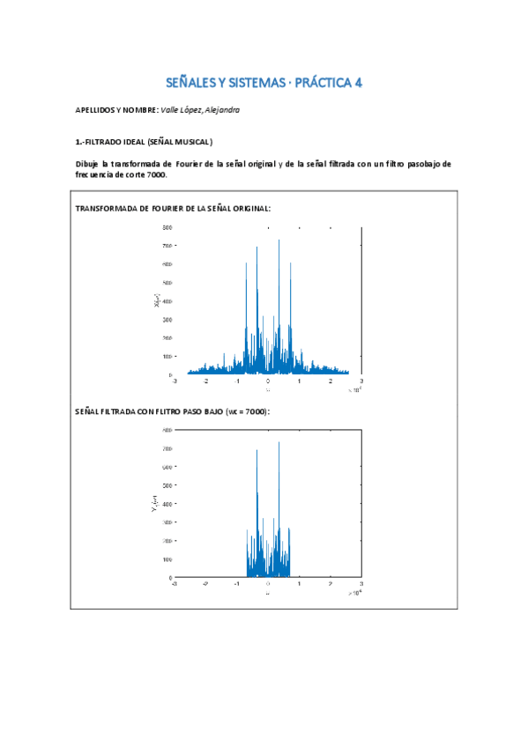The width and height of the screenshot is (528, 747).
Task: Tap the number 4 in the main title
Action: (358, 84)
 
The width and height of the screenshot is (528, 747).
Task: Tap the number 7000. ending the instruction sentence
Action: (154, 174)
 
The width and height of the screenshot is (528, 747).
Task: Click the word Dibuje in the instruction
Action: (88, 164)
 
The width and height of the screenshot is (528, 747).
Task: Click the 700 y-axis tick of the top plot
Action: (167, 246)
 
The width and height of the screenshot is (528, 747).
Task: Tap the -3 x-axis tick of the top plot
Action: (175, 381)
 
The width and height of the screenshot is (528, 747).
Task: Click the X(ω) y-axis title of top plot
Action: (157, 301)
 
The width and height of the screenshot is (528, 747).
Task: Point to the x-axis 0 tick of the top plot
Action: (268, 381)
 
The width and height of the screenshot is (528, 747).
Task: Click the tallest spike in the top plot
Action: (279, 240)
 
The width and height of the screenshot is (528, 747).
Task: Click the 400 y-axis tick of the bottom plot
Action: (167, 504)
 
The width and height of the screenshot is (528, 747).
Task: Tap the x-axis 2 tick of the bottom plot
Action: (331, 584)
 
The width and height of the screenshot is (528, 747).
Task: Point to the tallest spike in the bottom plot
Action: (279, 442)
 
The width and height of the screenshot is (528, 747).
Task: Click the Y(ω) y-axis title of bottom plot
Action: (155, 504)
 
